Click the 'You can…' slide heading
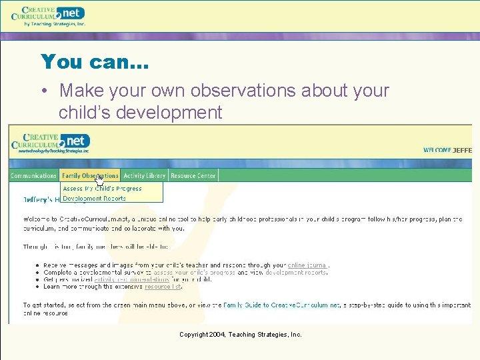[x=95, y=62]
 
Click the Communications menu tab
[x=33, y=176]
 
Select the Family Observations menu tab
[x=90, y=176]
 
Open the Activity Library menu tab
[x=144, y=176]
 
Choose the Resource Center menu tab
[x=193, y=176]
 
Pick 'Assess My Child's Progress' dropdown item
[x=102, y=189]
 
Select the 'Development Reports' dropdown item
[x=94, y=199]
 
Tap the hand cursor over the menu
[x=99, y=179]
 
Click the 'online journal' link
[x=307, y=265]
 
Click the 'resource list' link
[x=163, y=287]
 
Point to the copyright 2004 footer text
[x=240, y=335]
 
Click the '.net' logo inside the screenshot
[x=75, y=141]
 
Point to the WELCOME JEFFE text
[x=447, y=150]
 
